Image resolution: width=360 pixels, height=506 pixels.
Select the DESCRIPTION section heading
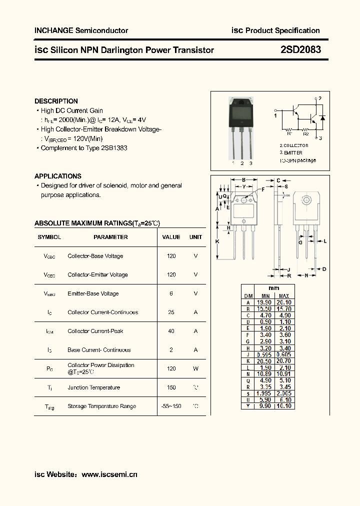[56, 101]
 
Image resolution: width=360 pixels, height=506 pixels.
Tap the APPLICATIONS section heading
[57, 176]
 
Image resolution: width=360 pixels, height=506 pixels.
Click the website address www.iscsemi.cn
[109, 474]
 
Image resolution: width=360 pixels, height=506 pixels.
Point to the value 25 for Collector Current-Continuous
[171, 312]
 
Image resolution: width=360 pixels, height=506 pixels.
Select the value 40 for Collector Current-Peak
[171, 331]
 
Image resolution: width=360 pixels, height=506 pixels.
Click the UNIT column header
[195, 237]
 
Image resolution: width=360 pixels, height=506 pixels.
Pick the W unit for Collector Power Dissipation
[195, 368]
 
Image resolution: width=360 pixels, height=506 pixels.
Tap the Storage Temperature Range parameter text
[101, 406]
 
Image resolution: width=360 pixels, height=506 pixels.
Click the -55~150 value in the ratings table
[171, 406]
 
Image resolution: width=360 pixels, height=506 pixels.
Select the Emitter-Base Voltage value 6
[171, 293]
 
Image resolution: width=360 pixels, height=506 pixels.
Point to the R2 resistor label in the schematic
[306, 133]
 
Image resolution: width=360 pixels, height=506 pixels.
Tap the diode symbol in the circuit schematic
[322, 118]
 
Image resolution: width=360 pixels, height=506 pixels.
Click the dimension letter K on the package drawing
[217, 241]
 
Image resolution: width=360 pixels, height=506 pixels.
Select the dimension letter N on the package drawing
[306, 275]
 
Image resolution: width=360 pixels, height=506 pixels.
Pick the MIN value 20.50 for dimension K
[265, 360]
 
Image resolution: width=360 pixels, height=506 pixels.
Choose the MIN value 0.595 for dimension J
[265, 354]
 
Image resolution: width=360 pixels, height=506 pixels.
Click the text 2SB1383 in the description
[114, 148]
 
